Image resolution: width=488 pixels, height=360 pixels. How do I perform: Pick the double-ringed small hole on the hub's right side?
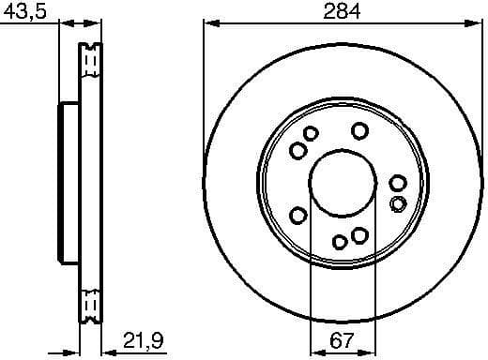pyautogui.click(x=398, y=203)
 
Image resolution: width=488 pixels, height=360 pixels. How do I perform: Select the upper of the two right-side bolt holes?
pyautogui.click(x=397, y=184)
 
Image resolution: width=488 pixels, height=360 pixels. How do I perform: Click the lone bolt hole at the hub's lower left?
pyautogui.click(x=298, y=217)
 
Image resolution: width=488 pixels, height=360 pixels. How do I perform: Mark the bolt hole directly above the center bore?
pyautogui.click(x=358, y=132)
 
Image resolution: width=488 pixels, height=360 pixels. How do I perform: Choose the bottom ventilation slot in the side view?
pyautogui.click(x=91, y=306)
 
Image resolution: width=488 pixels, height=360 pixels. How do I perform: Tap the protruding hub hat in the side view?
pyautogui.click(x=69, y=183)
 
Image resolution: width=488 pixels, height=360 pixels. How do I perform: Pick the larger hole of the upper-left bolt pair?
pyautogui.click(x=297, y=150)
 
